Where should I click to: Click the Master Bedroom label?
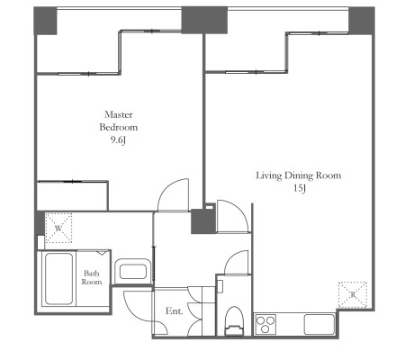[x=119, y=121]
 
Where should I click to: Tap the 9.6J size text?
[x=118, y=140]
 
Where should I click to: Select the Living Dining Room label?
[x=299, y=175]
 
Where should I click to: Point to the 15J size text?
[x=300, y=188]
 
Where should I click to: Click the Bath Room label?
[x=92, y=277]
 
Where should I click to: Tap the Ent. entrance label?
[x=175, y=310]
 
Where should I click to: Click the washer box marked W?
[x=58, y=228]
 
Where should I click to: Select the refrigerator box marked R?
[x=353, y=294]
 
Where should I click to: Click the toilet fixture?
[x=234, y=320]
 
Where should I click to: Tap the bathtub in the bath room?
[x=58, y=279]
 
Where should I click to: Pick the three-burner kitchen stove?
[x=265, y=324]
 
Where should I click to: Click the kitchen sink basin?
[x=319, y=324]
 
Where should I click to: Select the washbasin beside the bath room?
[x=133, y=271]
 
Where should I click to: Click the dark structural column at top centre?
[x=204, y=20]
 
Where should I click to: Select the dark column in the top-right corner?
[x=362, y=21]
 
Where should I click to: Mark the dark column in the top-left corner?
[x=45, y=21]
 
